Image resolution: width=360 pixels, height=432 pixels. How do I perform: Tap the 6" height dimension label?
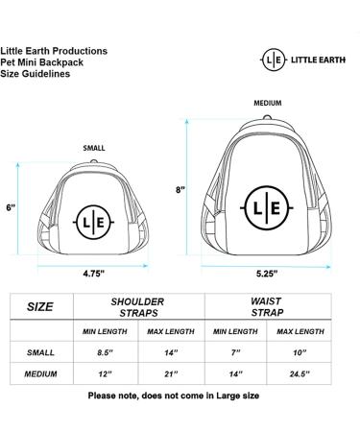point(12,206)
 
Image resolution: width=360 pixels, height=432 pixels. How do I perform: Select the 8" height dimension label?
point(180,189)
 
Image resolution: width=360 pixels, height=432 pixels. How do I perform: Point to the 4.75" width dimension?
point(94,272)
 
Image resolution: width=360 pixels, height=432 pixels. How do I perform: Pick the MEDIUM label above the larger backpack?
point(268,103)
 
